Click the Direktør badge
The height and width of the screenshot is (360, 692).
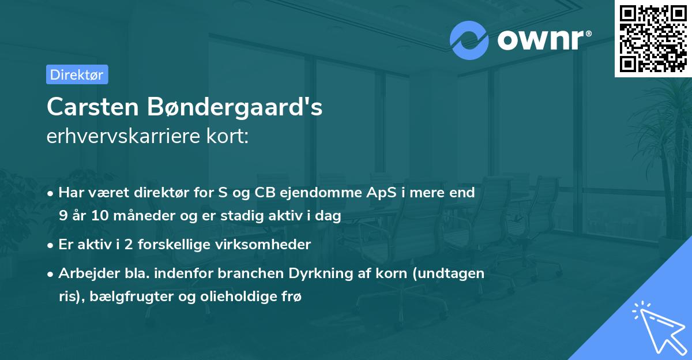click(x=77, y=74)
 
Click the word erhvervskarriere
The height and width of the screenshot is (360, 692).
click(x=121, y=137)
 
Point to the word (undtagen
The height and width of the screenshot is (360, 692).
click(x=453, y=273)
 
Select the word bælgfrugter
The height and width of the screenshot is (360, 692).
click(x=121, y=297)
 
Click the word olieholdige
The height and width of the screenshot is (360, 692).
click(x=225, y=297)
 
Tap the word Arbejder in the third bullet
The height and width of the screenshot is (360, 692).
click(x=84, y=273)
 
